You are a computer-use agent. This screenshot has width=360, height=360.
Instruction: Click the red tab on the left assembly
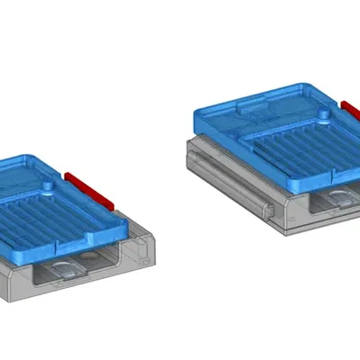(89, 186)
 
